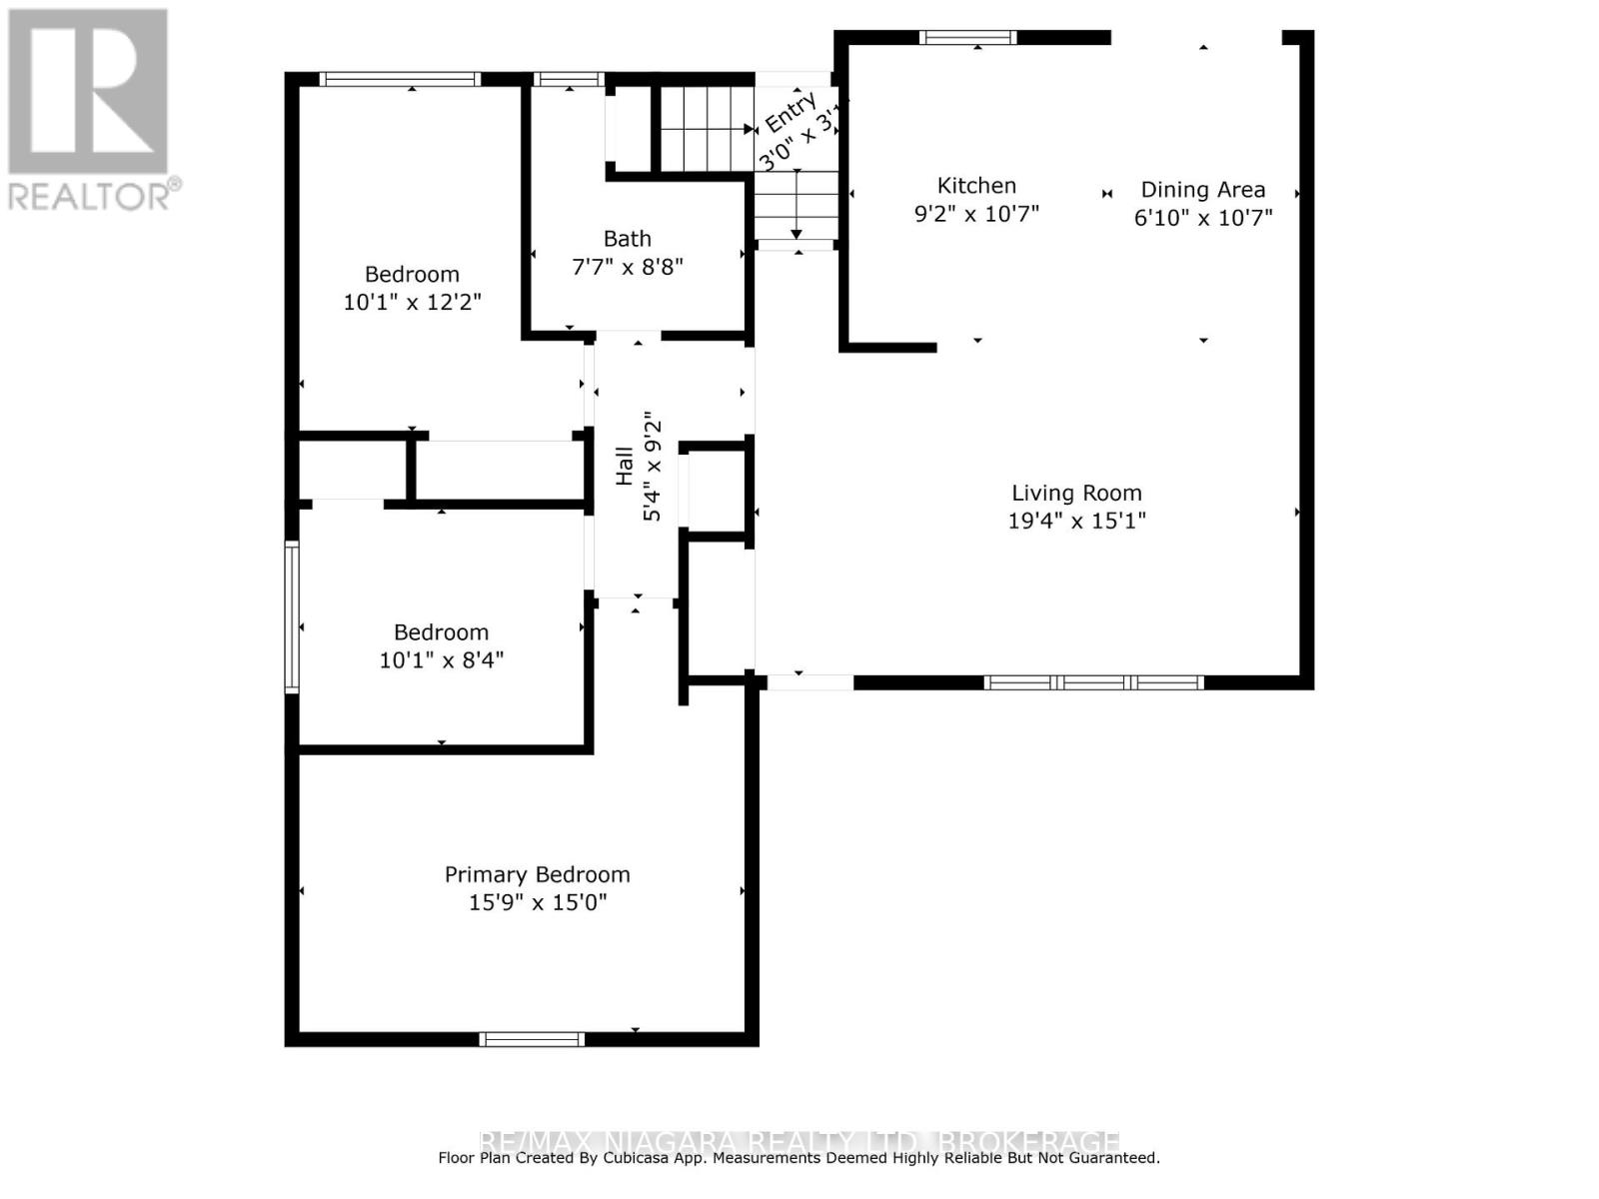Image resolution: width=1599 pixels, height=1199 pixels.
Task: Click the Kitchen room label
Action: pos(976,186)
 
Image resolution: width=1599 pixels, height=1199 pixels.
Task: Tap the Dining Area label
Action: pos(1202,190)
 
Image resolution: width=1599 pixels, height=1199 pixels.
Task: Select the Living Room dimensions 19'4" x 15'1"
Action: pos(1076,521)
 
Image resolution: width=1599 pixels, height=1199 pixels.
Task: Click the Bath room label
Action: pos(627,239)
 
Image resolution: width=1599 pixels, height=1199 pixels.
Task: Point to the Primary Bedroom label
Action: pos(537,875)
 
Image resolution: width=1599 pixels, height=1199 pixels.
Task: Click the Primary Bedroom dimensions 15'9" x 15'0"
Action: pos(538,903)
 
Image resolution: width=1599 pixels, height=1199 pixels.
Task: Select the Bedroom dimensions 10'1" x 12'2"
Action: pos(412,302)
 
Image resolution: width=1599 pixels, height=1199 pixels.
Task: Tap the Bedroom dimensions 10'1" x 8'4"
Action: pos(441,660)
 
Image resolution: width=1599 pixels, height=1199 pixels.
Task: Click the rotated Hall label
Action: pos(625,466)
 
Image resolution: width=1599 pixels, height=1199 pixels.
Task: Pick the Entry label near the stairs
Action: pos(791,112)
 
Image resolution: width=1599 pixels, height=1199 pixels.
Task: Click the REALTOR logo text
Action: pos(95,196)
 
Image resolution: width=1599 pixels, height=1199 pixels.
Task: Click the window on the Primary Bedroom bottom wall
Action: pos(532,1039)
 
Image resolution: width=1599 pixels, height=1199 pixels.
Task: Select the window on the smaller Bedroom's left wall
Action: pos(292,616)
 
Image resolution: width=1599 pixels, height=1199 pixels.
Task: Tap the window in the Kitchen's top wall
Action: pos(967,38)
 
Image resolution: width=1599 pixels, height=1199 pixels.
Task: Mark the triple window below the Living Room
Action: pos(1093,682)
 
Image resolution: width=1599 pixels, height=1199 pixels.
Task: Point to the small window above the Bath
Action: pos(569,79)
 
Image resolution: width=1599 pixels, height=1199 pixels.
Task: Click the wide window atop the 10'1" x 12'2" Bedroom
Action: pos(400,79)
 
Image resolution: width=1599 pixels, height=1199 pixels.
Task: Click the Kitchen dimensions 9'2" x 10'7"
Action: pos(976,214)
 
